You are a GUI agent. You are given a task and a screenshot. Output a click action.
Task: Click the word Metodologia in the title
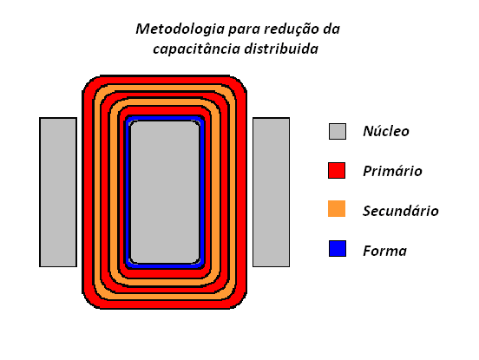(x=180, y=29)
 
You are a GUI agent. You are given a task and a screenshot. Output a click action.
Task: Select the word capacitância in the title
(x=196, y=49)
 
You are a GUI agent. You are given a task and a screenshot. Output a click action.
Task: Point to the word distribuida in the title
(x=281, y=49)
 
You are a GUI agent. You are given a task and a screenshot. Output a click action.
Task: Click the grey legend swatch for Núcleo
(x=338, y=131)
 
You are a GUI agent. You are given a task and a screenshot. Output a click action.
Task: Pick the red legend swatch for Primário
(x=337, y=170)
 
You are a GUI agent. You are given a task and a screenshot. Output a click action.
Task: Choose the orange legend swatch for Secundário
(x=337, y=208)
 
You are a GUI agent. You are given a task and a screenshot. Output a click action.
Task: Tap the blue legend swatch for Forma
(x=338, y=249)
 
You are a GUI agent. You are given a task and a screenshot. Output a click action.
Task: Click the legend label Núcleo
(x=386, y=131)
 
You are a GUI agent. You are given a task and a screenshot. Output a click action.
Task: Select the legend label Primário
(x=392, y=170)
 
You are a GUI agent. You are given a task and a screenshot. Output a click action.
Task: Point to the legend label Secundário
(x=401, y=211)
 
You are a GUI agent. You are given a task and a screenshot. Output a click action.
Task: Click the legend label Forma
(x=385, y=251)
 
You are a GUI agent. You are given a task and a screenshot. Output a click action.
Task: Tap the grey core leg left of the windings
(x=58, y=192)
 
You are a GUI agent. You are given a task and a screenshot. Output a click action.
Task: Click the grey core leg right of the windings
(x=272, y=192)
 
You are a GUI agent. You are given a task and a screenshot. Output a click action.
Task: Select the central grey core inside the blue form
(x=165, y=192)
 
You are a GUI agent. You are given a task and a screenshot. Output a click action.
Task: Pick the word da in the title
(x=331, y=29)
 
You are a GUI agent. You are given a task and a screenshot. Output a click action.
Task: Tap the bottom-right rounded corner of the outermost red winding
(x=239, y=302)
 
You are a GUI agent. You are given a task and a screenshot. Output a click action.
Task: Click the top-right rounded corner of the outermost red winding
(x=239, y=82)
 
